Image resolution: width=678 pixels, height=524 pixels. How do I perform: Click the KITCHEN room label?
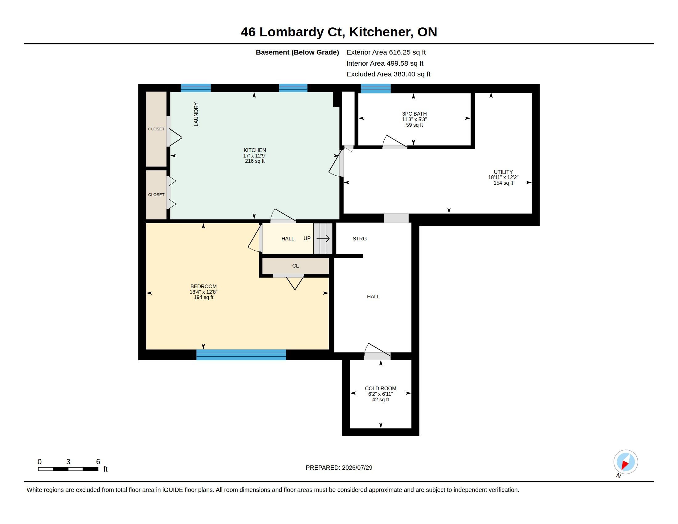point(255,150)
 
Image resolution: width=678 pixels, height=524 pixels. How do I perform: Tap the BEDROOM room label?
point(203,287)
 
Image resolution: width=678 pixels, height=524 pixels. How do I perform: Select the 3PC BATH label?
point(414,114)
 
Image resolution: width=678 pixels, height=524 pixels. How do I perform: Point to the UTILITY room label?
point(503,172)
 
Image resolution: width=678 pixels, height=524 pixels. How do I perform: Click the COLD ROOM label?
point(380,388)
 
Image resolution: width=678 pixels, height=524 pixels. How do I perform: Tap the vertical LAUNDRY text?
point(196,114)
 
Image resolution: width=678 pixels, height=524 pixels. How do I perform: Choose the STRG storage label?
point(359,239)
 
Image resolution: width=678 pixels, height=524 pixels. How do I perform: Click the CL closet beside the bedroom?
point(295,266)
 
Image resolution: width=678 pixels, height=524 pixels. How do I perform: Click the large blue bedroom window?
point(241,355)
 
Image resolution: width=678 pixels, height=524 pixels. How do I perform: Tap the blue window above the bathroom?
point(375,88)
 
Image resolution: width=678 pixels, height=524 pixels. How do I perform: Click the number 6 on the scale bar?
point(98,462)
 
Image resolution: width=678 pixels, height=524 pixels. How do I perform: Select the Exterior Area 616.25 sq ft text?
point(386,52)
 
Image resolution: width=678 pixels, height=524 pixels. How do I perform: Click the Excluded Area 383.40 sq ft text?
point(388,74)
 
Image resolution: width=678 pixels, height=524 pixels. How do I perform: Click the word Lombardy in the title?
point(292,32)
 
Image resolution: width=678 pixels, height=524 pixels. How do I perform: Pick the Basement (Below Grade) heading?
point(297,52)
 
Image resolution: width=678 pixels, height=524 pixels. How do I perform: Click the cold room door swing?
point(377,350)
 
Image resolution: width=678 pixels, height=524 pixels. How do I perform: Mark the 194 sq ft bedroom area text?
point(203,297)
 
